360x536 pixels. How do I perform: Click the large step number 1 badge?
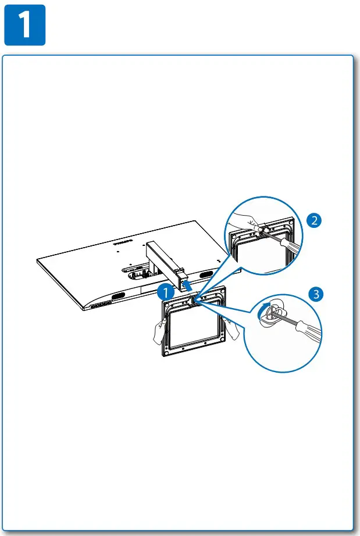tap(25, 26)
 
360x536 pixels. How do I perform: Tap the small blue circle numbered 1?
tap(165, 290)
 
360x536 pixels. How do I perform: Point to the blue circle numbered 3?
tap(315, 294)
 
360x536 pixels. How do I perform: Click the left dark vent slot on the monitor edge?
tap(116, 296)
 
